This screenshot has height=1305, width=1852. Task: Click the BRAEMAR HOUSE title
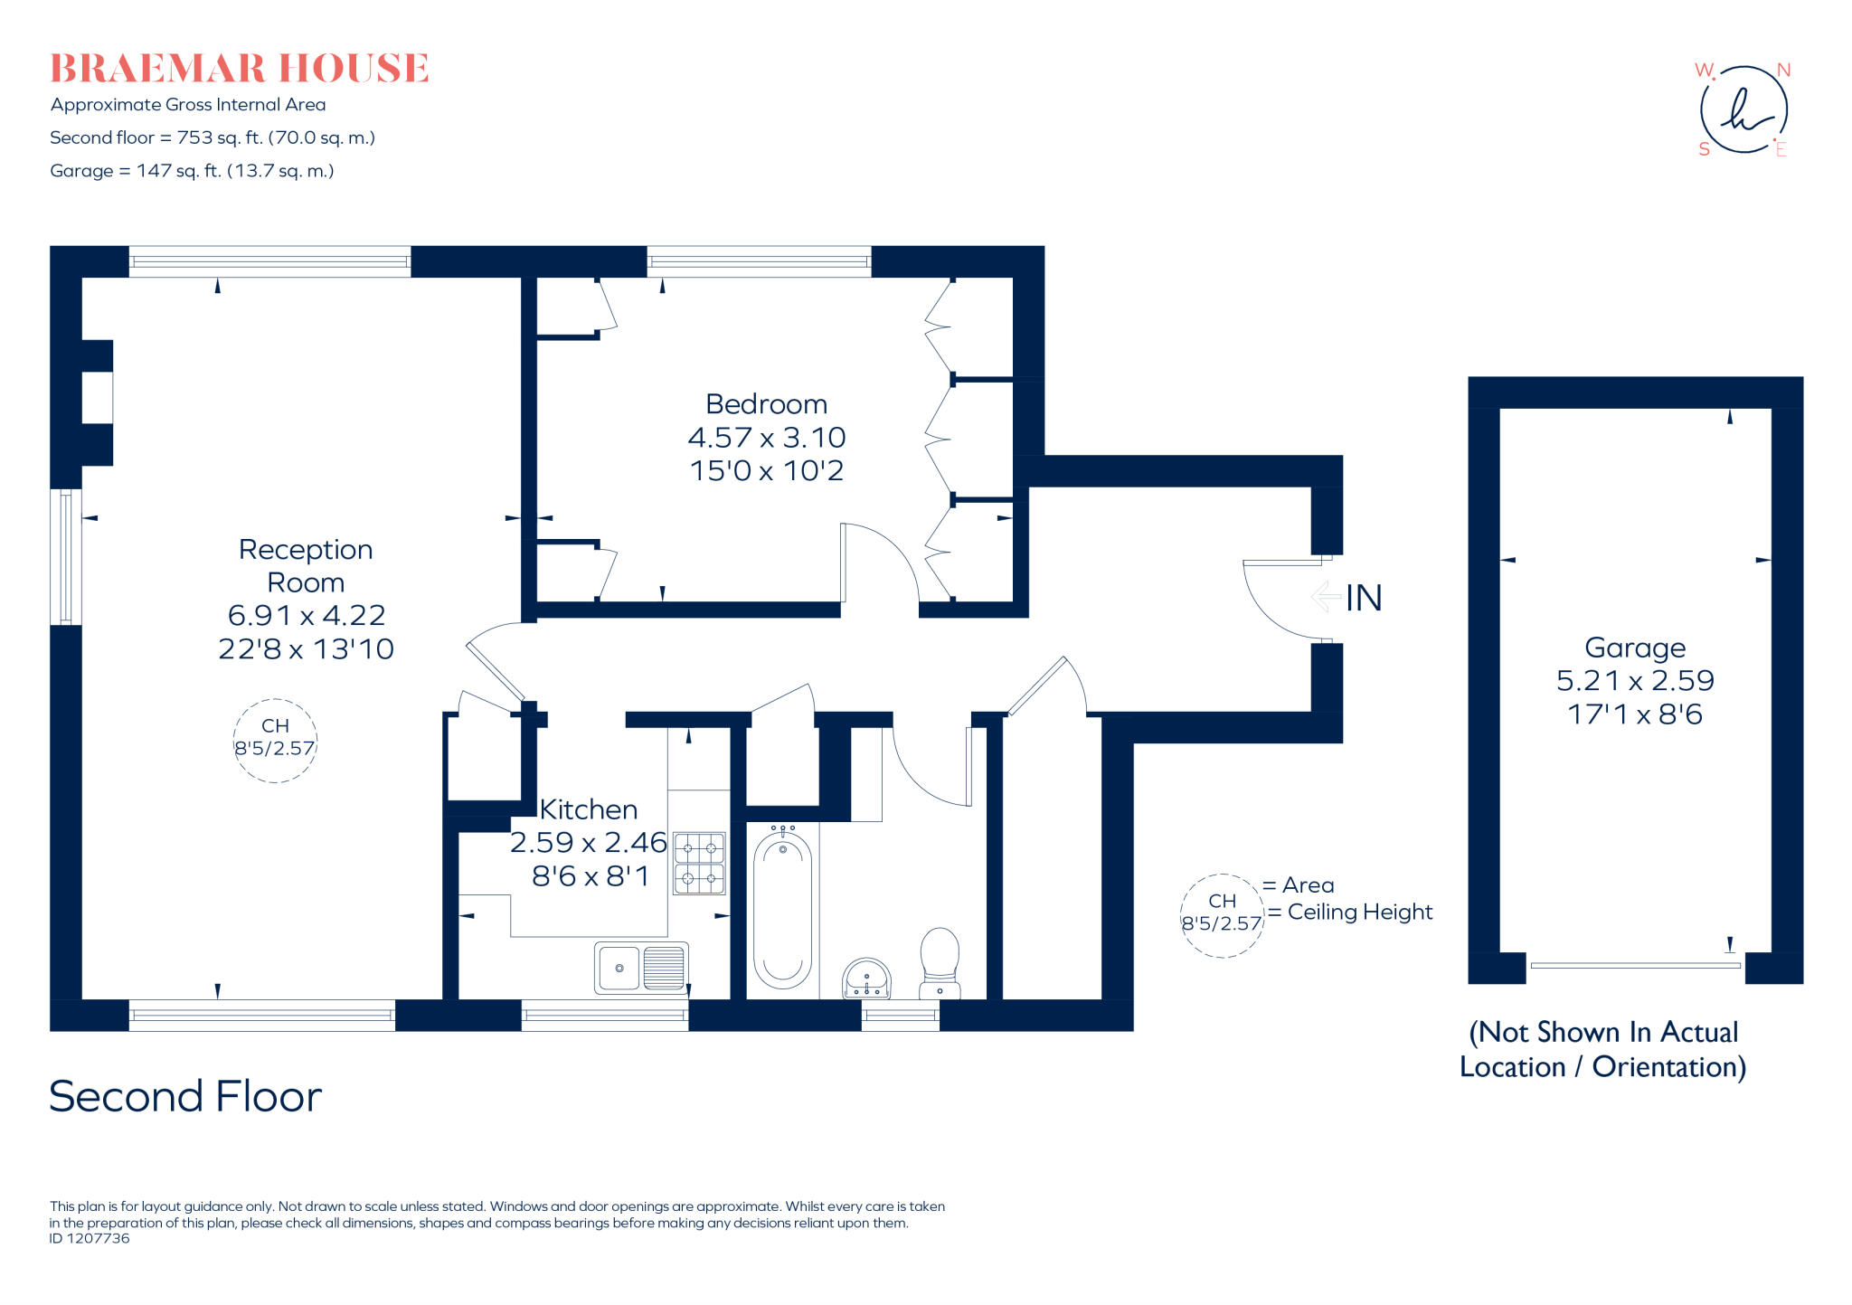pyautogui.click(x=239, y=69)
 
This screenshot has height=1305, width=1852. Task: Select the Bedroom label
pyautogui.click(x=766, y=404)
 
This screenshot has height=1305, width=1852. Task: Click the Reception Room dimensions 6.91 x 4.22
pyautogui.click(x=307, y=615)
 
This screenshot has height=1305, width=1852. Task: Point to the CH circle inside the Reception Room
pyautogui.click(x=275, y=739)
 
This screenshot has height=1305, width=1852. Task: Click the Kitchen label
pyautogui.click(x=588, y=809)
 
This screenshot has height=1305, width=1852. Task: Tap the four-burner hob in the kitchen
pyautogui.click(x=699, y=863)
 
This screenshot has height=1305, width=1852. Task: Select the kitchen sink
pyautogui.click(x=640, y=968)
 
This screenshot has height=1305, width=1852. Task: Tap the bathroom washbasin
pyautogui.click(x=866, y=979)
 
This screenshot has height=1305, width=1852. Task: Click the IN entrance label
pyautogui.click(x=1364, y=598)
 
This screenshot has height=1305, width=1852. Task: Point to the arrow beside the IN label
pyautogui.click(x=1326, y=597)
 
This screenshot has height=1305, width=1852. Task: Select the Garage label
pyautogui.click(x=1634, y=648)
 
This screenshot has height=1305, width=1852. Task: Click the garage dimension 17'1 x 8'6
pyautogui.click(x=1634, y=714)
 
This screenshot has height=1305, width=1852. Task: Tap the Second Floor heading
pyautogui.click(x=185, y=1096)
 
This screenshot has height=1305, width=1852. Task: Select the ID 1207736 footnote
pyautogui.click(x=90, y=1239)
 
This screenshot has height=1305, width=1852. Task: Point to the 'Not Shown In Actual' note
pyautogui.click(x=1602, y=1032)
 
